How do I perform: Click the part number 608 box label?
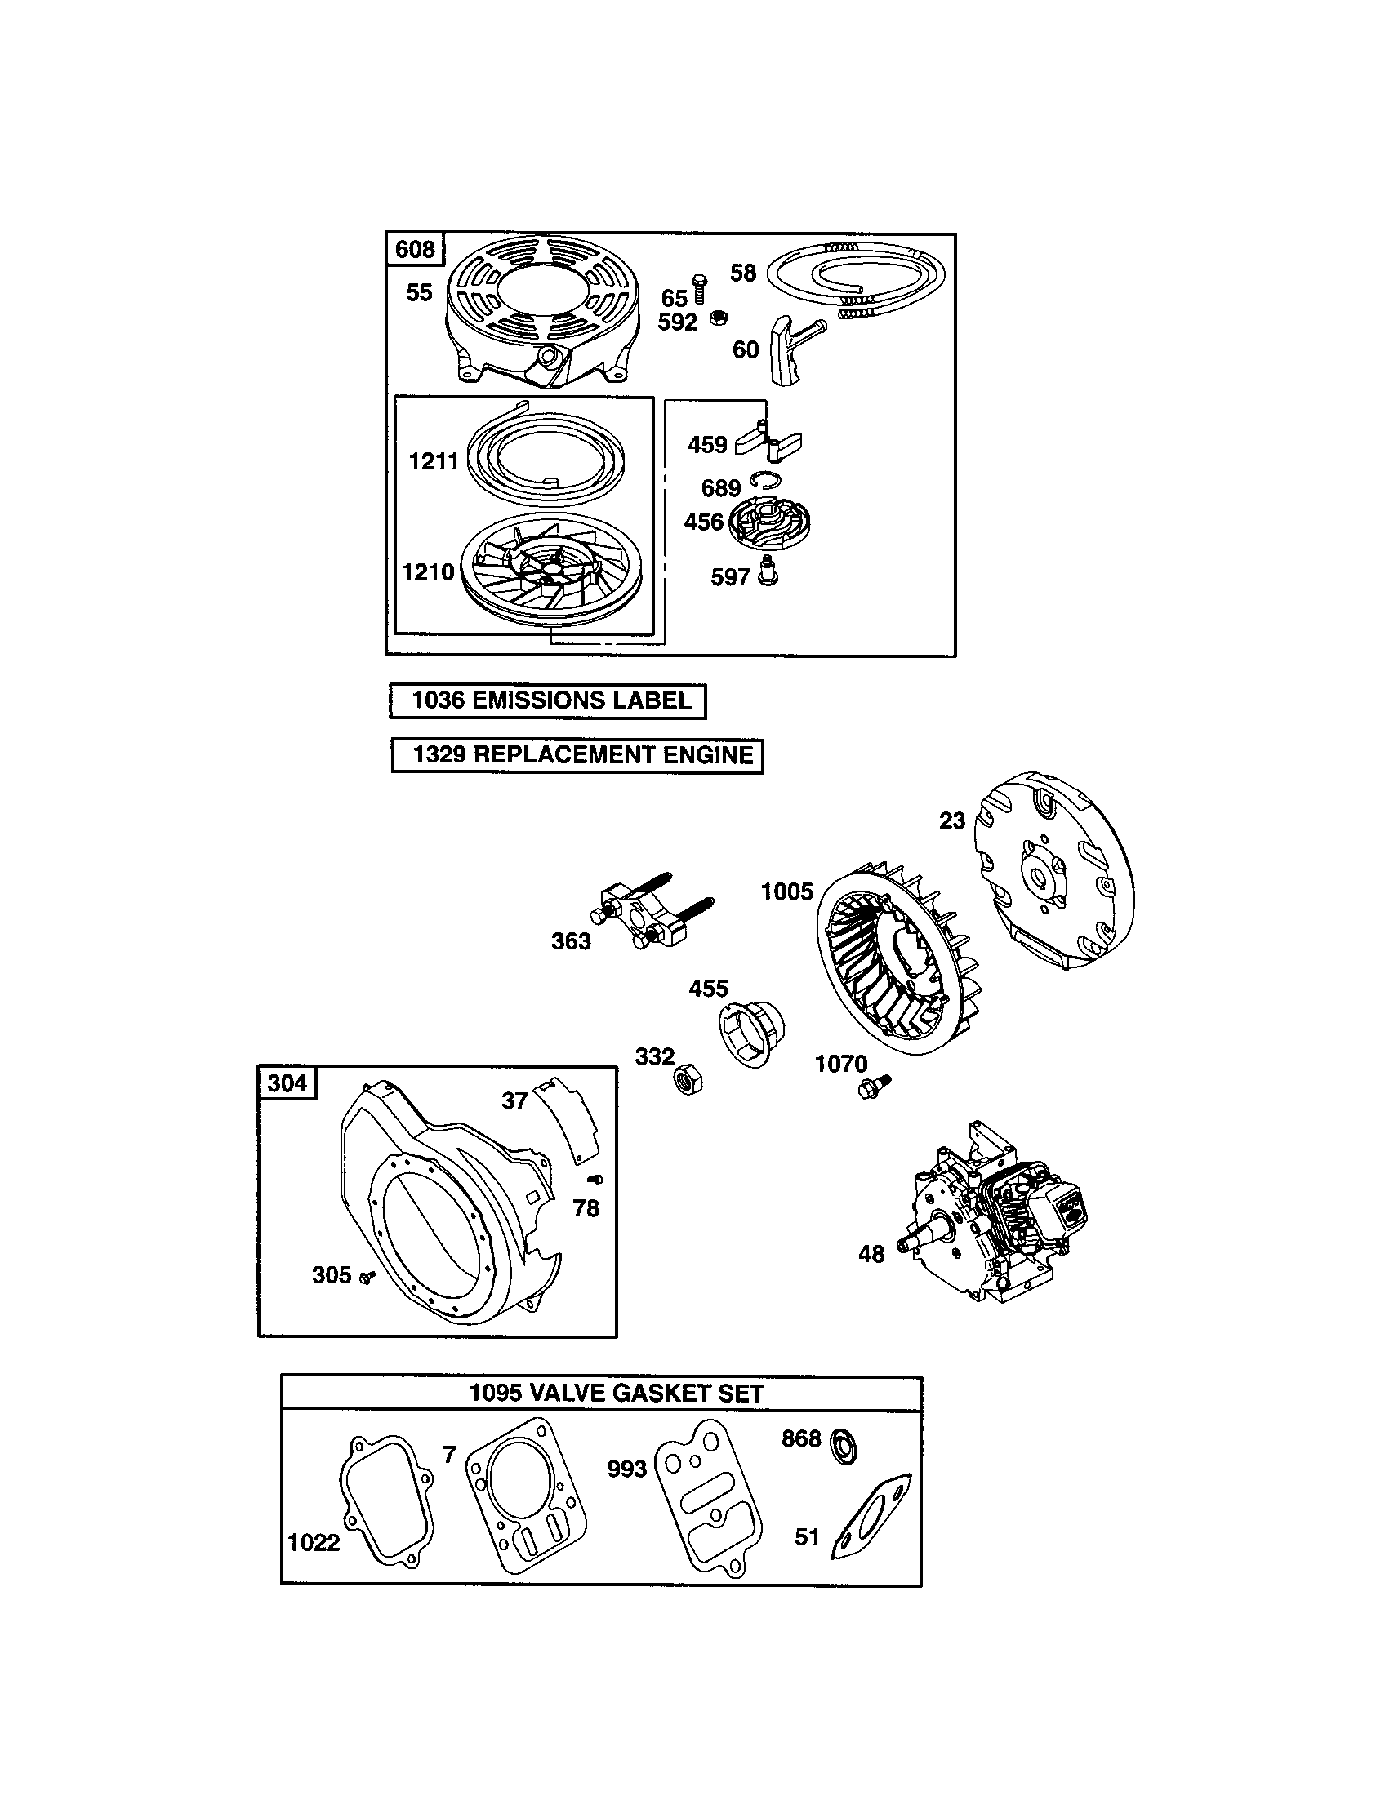pyautogui.click(x=415, y=248)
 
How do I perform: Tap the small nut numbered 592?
pyautogui.click(x=717, y=317)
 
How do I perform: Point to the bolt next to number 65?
pyautogui.click(x=700, y=288)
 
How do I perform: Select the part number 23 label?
pyautogui.click(x=951, y=820)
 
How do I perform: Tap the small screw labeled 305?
pyautogui.click(x=367, y=1275)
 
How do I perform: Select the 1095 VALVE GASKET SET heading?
pyautogui.click(x=616, y=1393)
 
